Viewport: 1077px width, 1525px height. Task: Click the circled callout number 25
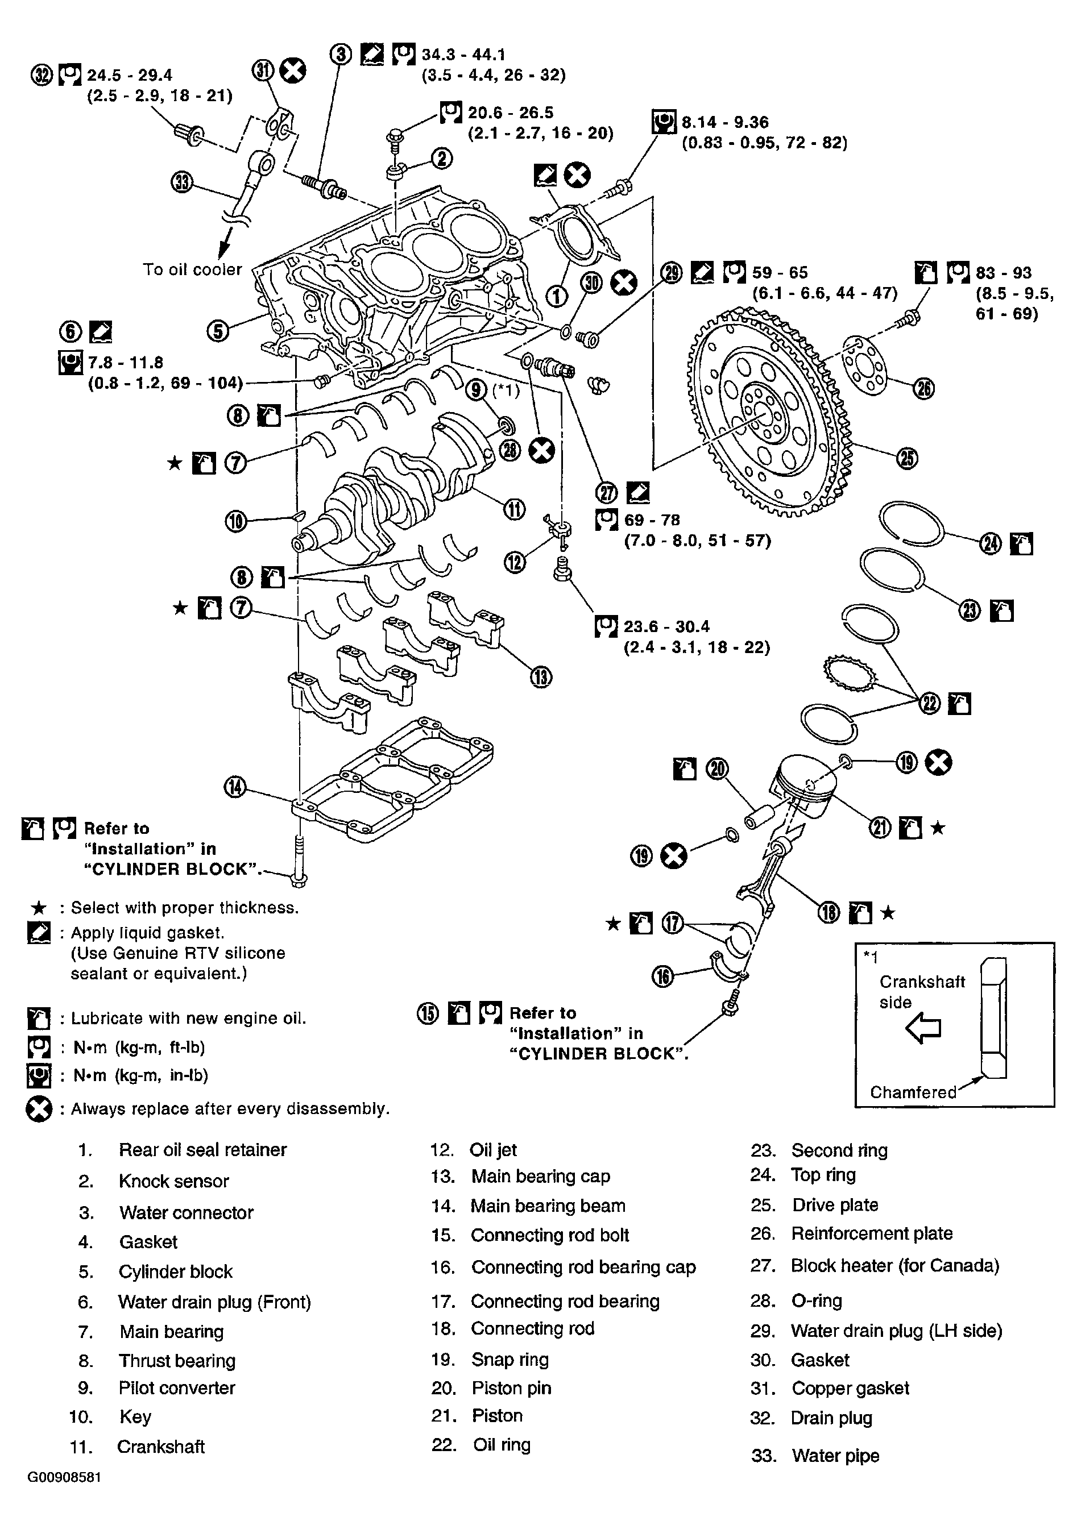pyautogui.click(x=907, y=458)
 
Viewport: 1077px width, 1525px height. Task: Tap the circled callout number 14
pyautogui.click(x=235, y=787)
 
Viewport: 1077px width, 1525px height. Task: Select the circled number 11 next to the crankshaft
pyautogui.click(x=514, y=509)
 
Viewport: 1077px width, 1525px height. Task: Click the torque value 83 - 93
pyautogui.click(x=1003, y=272)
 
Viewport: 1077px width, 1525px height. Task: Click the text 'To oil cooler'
pyautogui.click(x=193, y=269)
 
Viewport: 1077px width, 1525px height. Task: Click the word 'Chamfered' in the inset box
pyautogui.click(x=913, y=1092)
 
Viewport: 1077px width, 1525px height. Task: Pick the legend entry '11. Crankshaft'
pyautogui.click(x=138, y=1446)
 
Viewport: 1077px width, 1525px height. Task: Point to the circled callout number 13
pyautogui.click(x=541, y=677)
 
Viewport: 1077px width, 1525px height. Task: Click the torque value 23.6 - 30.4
pyautogui.click(x=666, y=626)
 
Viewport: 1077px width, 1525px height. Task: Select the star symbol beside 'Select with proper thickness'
pyautogui.click(x=39, y=908)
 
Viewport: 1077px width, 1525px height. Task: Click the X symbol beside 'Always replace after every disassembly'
pyautogui.click(x=39, y=1108)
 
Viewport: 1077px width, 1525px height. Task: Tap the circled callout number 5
pyautogui.click(x=218, y=331)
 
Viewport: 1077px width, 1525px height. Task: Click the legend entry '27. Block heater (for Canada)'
pyautogui.click(x=875, y=1265)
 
